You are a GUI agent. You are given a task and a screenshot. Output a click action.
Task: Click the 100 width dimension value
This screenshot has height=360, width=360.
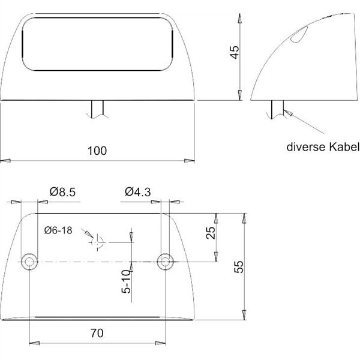[x=97, y=151]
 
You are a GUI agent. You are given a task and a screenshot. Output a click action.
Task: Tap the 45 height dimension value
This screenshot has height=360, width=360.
[x=235, y=52]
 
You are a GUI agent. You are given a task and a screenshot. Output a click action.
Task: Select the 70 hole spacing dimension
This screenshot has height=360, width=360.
[x=97, y=333]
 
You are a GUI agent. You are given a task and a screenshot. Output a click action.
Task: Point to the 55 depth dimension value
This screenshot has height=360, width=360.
[x=239, y=266]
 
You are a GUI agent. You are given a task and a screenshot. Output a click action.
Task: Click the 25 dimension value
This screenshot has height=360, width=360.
[x=211, y=233]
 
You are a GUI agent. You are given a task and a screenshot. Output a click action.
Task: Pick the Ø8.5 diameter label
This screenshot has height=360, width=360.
[x=62, y=192]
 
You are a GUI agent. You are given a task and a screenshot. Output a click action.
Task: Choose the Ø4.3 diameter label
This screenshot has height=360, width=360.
[x=138, y=192]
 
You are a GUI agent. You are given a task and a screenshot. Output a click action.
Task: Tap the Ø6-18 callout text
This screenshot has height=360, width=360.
[x=58, y=230]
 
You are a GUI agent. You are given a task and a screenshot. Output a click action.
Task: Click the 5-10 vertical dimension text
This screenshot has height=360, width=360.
[x=126, y=281]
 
